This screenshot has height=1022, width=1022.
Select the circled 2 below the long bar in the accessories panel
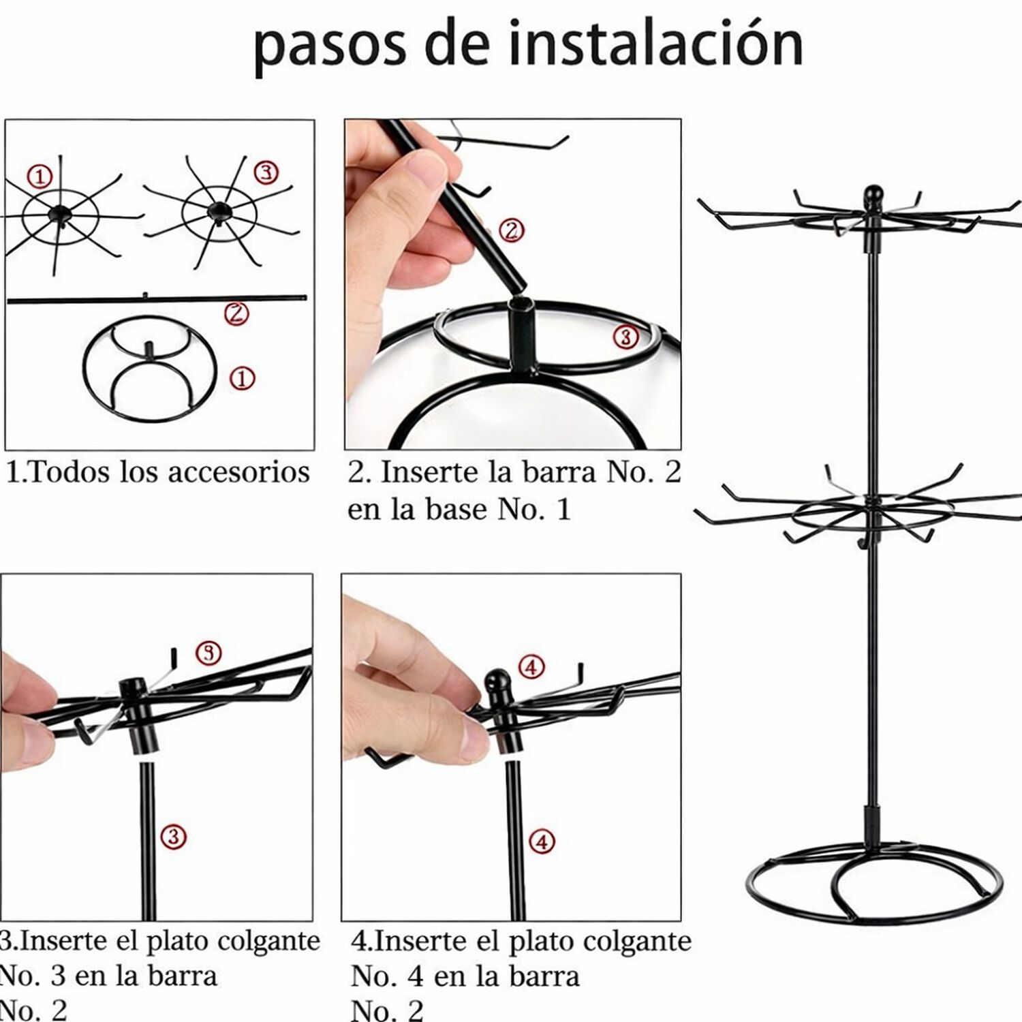click(x=236, y=313)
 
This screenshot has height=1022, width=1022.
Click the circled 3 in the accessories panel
click(x=266, y=172)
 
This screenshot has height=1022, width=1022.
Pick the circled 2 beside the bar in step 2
click(x=512, y=230)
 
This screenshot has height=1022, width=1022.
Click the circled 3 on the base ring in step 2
click(x=625, y=336)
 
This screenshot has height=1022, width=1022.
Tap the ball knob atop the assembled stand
click(x=872, y=198)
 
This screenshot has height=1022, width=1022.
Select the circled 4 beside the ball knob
click(x=532, y=666)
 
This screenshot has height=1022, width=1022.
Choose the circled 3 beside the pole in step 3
click(x=173, y=836)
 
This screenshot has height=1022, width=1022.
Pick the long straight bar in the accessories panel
click(x=157, y=298)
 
